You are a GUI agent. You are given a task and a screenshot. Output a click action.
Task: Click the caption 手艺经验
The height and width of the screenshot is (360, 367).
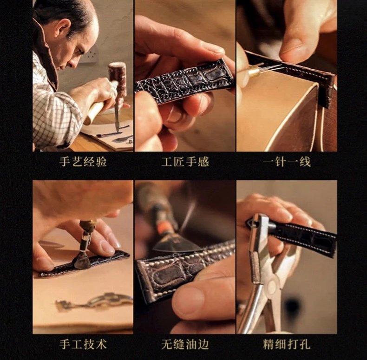tap(83, 162)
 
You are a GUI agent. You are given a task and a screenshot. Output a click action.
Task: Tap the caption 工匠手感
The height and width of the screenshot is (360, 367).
tap(185, 162)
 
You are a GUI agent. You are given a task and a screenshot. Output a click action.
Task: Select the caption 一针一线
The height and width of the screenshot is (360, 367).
tap(287, 162)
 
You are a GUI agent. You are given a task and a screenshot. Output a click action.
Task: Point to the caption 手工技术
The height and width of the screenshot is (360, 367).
tap(83, 344)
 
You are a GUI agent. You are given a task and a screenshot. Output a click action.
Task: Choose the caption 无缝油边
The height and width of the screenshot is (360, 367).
tap(185, 344)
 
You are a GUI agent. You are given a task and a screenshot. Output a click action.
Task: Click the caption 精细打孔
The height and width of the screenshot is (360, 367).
tap(287, 344)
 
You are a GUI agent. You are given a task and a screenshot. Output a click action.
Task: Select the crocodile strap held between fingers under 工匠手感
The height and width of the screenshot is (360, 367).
tap(185, 81)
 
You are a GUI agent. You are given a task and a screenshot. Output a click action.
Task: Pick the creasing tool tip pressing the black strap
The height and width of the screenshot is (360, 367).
tap(81, 263)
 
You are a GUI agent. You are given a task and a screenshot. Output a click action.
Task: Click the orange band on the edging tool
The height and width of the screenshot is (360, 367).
tap(164, 229)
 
